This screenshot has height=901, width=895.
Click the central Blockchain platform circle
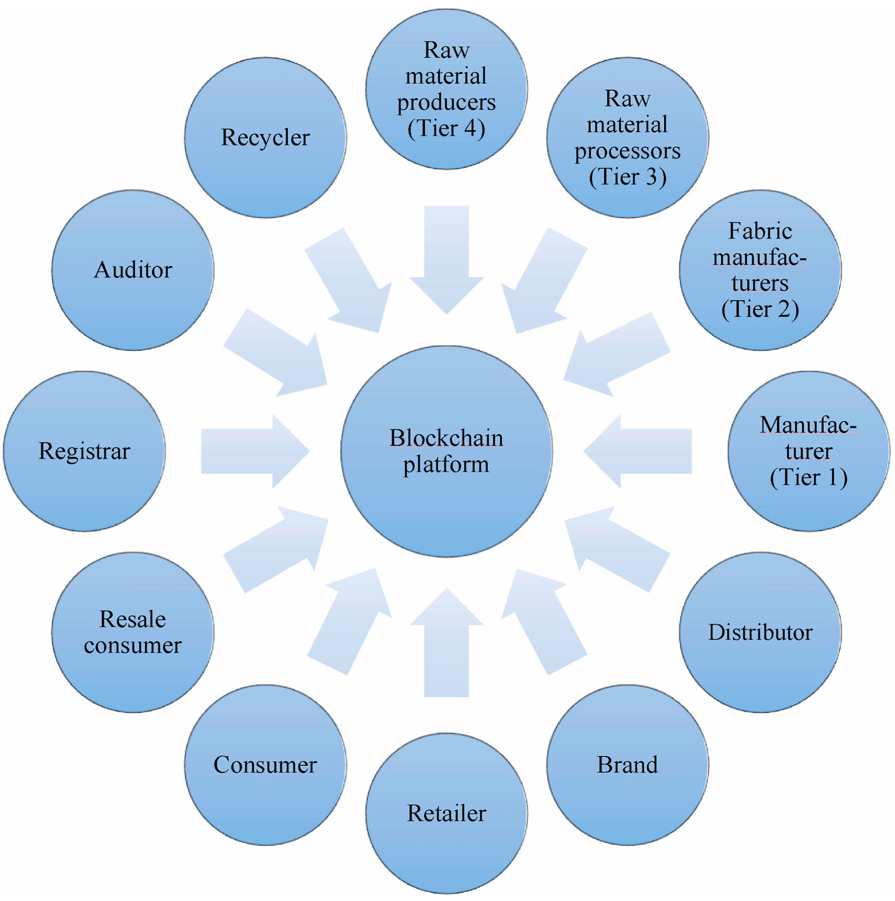446,451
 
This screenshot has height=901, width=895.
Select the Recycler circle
265,138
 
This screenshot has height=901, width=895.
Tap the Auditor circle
133,270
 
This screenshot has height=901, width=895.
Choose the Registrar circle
84,451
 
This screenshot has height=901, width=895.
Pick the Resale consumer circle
133,632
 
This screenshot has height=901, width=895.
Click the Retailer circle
446,813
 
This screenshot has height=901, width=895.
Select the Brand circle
627,765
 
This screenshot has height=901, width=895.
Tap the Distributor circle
760,632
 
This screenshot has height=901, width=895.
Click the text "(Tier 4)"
446,129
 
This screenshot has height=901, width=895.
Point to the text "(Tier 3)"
627,177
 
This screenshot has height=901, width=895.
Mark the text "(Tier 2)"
760,310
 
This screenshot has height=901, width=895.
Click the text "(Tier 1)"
809,477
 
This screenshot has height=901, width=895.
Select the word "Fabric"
760,231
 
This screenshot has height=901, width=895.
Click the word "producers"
446,103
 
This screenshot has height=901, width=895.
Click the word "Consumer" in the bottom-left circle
265,765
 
